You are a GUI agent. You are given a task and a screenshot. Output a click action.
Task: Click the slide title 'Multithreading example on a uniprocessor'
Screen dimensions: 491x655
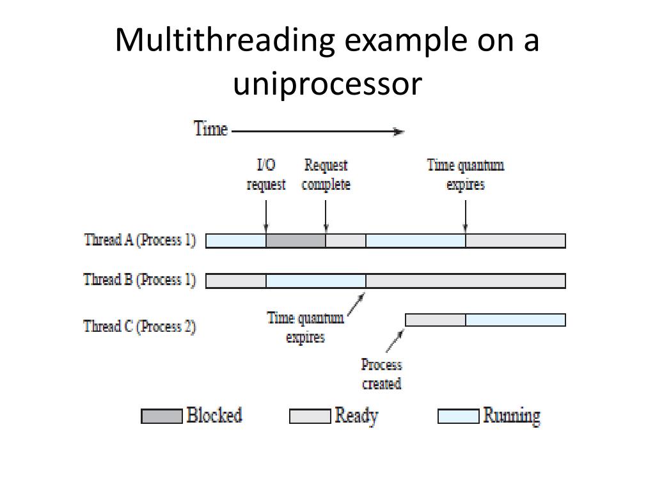click(327, 62)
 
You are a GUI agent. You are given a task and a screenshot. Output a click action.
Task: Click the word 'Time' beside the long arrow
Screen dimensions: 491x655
click(210, 129)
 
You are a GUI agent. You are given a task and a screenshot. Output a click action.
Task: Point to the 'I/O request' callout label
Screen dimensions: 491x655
click(266, 175)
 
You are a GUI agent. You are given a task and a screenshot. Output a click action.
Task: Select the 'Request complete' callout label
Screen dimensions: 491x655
click(326, 175)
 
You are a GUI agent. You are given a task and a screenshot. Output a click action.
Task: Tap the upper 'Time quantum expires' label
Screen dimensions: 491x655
click(465, 175)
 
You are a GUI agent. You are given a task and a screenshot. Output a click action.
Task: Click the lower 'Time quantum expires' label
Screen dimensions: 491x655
click(305, 327)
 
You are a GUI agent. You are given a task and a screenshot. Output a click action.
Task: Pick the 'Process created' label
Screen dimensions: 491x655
click(381, 374)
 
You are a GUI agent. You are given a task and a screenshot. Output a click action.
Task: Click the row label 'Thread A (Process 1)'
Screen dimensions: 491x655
click(139, 240)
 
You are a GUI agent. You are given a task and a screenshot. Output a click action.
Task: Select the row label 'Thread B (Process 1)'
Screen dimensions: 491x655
click(139, 280)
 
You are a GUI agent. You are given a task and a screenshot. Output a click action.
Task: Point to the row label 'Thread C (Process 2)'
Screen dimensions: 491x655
click(139, 326)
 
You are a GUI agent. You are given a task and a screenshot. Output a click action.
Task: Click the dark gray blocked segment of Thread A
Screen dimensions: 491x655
click(296, 241)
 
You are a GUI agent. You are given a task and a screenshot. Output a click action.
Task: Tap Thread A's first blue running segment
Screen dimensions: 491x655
click(235, 241)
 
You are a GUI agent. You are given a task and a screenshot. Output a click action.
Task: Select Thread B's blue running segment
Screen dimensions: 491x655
click(315, 281)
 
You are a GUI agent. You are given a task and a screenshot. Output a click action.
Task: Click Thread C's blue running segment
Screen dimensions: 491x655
click(515, 320)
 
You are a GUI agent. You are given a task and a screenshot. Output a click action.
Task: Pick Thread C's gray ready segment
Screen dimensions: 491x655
click(436, 320)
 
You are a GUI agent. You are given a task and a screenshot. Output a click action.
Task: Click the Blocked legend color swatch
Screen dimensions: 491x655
click(161, 416)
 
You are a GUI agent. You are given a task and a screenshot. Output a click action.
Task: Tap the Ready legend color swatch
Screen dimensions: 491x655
click(310, 416)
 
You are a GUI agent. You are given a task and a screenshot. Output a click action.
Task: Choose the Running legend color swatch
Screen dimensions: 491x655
click(458, 416)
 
